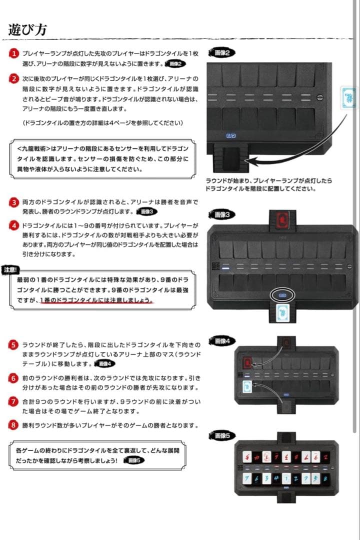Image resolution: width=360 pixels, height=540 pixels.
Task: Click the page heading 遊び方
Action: point(27,29)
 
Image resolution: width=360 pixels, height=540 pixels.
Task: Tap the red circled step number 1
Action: point(14,53)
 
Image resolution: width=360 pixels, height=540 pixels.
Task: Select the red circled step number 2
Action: point(14,78)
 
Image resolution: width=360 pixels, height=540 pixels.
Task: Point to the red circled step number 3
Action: point(14,202)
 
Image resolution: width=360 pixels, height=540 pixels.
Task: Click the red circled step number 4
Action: point(14,225)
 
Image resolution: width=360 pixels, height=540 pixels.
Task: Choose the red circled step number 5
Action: point(14,345)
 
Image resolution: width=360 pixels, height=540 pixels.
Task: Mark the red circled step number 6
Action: point(14,378)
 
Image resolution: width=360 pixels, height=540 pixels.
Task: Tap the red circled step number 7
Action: point(14,401)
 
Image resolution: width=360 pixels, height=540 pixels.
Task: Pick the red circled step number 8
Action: point(14,425)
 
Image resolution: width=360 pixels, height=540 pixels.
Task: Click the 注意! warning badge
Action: point(10,269)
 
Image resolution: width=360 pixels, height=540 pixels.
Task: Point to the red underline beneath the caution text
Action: point(97,302)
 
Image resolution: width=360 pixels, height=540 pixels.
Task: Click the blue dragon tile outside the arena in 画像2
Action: point(348,95)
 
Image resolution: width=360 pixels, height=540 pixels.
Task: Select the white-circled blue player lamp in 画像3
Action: point(282,295)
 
